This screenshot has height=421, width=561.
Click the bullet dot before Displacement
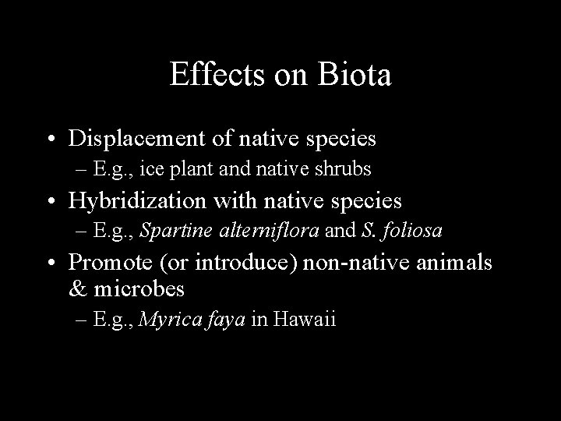49,140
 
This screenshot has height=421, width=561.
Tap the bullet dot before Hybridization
49,201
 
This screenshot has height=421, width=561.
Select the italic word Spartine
171,230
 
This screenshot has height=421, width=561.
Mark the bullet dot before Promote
49,264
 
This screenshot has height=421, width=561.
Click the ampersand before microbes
78,289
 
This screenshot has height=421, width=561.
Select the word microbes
140,289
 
